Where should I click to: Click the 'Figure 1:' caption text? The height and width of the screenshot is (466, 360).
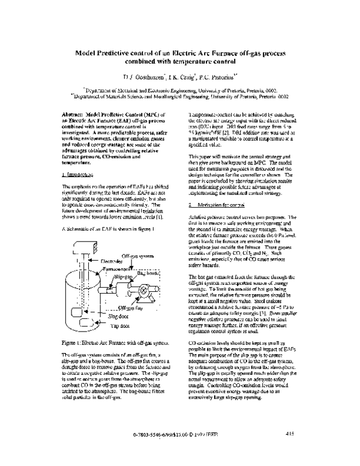tap(74, 360)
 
